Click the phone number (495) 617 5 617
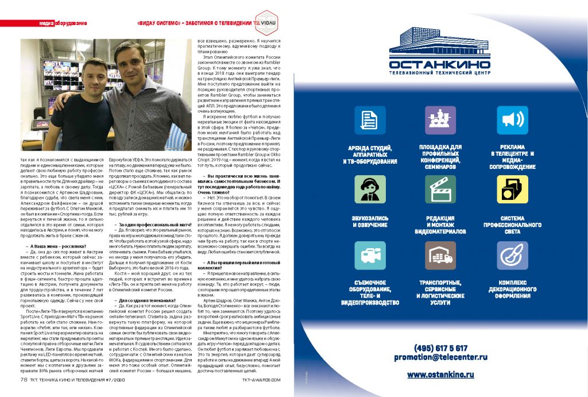click(x=440, y=348)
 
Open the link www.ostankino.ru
click(x=440, y=375)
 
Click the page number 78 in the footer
click(x=24, y=379)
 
